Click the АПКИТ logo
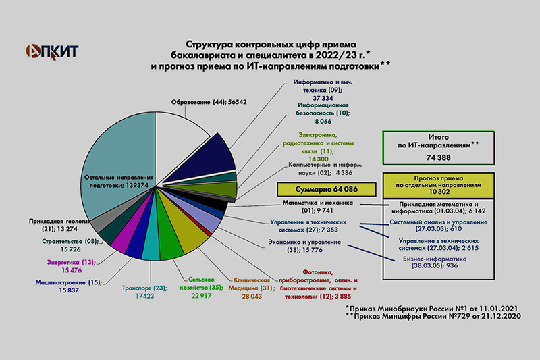point(52,52)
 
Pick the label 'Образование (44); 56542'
point(209,102)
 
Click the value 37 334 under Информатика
point(323,98)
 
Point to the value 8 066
point(323,122)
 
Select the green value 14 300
point(318,159)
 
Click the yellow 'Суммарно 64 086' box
point(327,189)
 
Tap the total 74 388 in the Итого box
point(438,157)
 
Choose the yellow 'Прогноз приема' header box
point(438,185)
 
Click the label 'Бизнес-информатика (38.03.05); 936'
point(435,262)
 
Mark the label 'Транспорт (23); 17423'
point(144,292)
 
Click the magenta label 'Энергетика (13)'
point(72,262)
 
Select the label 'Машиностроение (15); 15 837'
point(69,286)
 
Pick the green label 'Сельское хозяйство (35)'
point(201,284)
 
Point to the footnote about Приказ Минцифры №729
point(433,316)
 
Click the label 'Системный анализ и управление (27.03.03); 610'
point(438,226)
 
